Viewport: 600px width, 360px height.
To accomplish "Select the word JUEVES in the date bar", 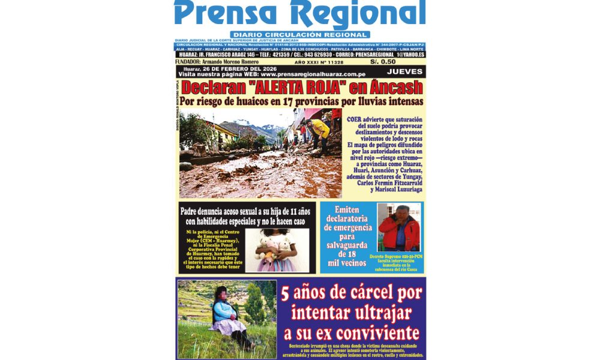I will click(405, 71).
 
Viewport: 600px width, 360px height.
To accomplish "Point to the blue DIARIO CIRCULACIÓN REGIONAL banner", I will click(300, 35).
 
